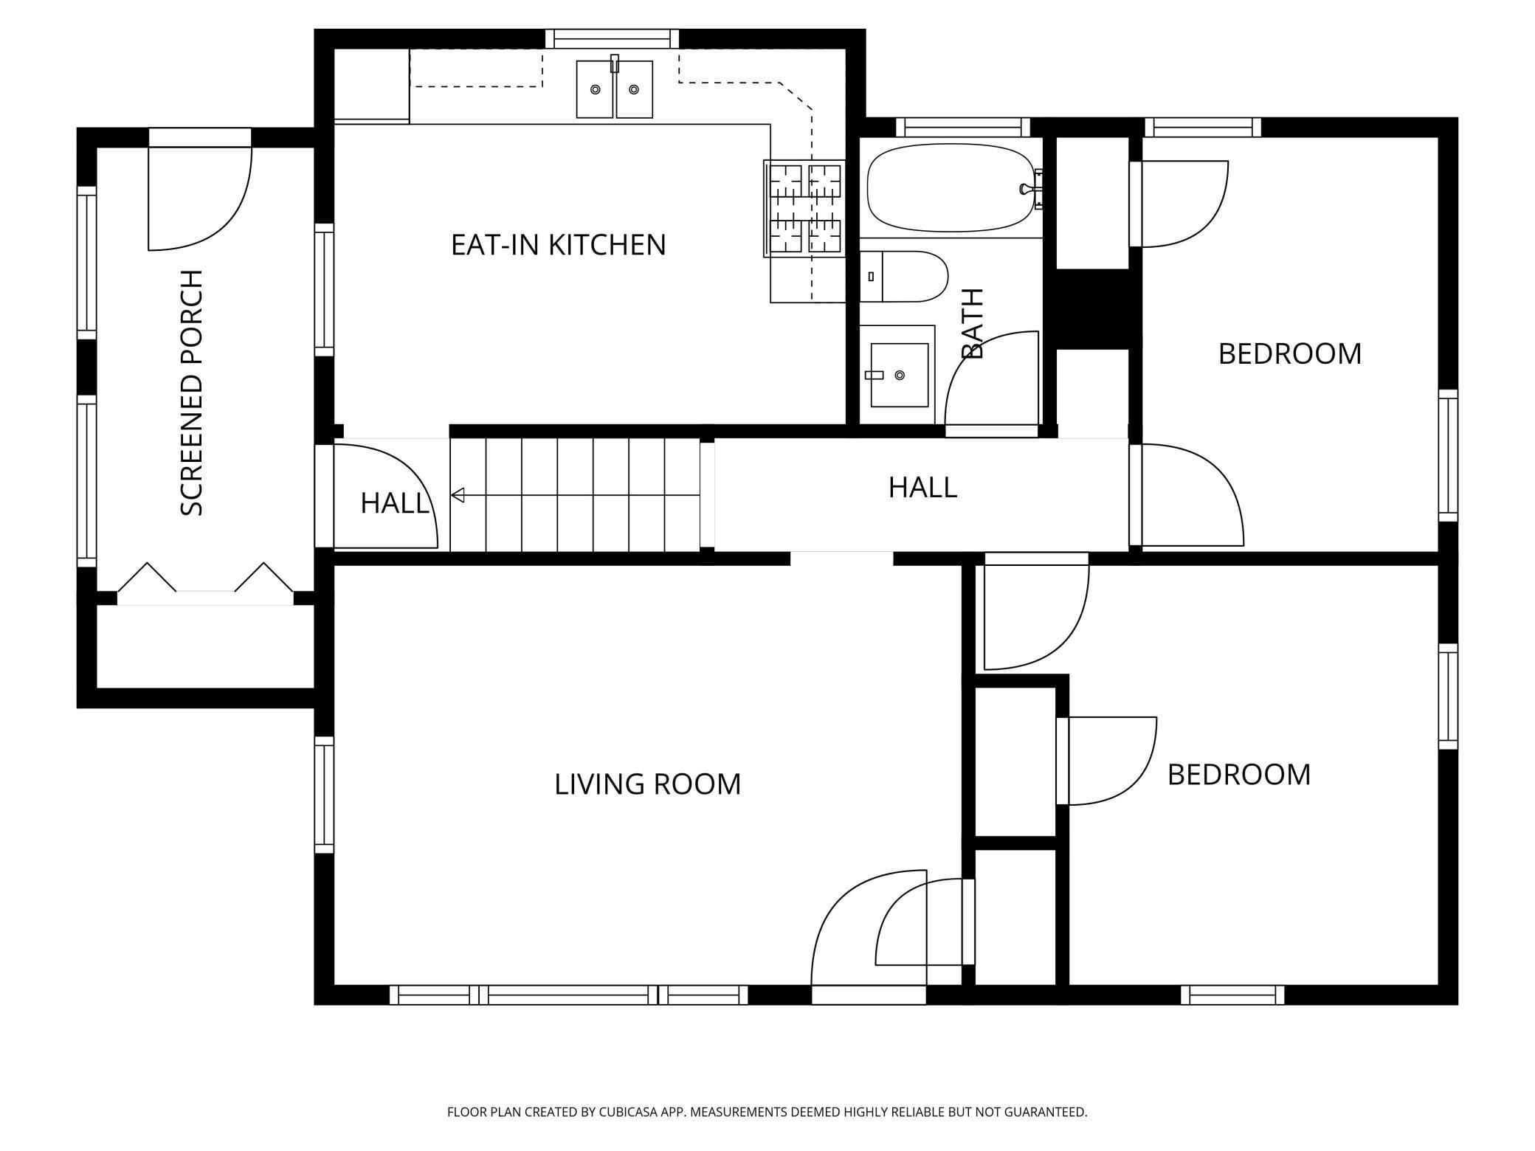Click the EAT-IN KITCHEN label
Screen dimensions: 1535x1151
point(558,245)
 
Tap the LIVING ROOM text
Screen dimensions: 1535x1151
point(647,784)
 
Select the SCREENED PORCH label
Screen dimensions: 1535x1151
point(191,393)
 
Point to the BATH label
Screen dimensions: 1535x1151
point(973,323)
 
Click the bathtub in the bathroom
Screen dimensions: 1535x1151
point(951,187)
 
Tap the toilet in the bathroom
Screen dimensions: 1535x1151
point(904,277)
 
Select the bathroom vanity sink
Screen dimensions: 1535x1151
point(899,375)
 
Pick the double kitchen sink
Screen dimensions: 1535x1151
point(614,89)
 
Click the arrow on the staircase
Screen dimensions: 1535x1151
point(575,495)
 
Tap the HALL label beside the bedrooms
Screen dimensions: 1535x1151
point(922,488)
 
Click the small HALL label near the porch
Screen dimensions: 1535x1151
point(394,504)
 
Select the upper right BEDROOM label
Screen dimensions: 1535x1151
point(1289,354)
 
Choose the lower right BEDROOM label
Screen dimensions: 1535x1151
point(1239,775)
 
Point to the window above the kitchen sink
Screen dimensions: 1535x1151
point(612,38)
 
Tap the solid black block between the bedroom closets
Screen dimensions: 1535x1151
point(1093,309)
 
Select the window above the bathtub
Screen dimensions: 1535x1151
point(963,127)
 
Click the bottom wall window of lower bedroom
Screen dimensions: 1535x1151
point(1232,995)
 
